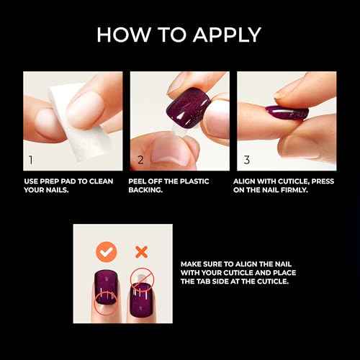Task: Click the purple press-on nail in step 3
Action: pyautogui.click(x=287, y=112)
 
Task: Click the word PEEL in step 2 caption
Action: pyautogui.click(x=140, y=181)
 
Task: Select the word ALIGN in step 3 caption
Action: pyautogui.click(x=248, y=181)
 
